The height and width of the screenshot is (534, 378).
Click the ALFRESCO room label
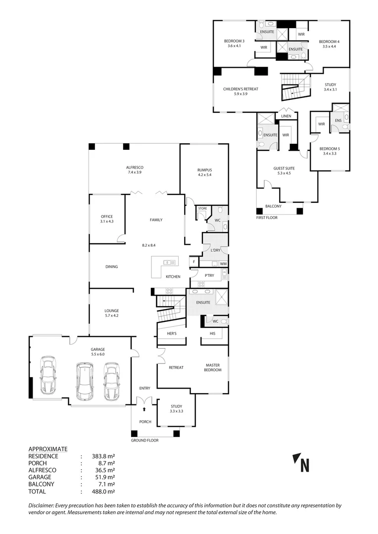point(135,168)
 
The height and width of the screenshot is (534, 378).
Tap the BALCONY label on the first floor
point(273,206)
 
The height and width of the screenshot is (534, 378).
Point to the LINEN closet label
point(286,116)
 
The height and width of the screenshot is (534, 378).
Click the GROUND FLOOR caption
point(144,440)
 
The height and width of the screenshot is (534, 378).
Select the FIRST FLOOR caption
point(267,218)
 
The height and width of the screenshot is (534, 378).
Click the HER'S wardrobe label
point(165,333)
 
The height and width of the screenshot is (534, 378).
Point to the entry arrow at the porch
point(144,409)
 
